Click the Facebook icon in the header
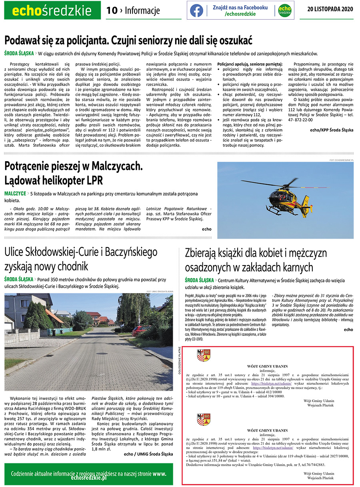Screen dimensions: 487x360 click(x=196, y=10)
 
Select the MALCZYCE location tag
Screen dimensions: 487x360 click(x=15, y=194)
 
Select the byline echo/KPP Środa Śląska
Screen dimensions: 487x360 click(x=332, y=130)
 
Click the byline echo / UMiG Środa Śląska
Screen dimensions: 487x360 click(x=148, y=454)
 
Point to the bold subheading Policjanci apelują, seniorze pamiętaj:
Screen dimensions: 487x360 click(x=250, y=64)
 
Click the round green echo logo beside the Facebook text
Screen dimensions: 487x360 click(x=284, y=10)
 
